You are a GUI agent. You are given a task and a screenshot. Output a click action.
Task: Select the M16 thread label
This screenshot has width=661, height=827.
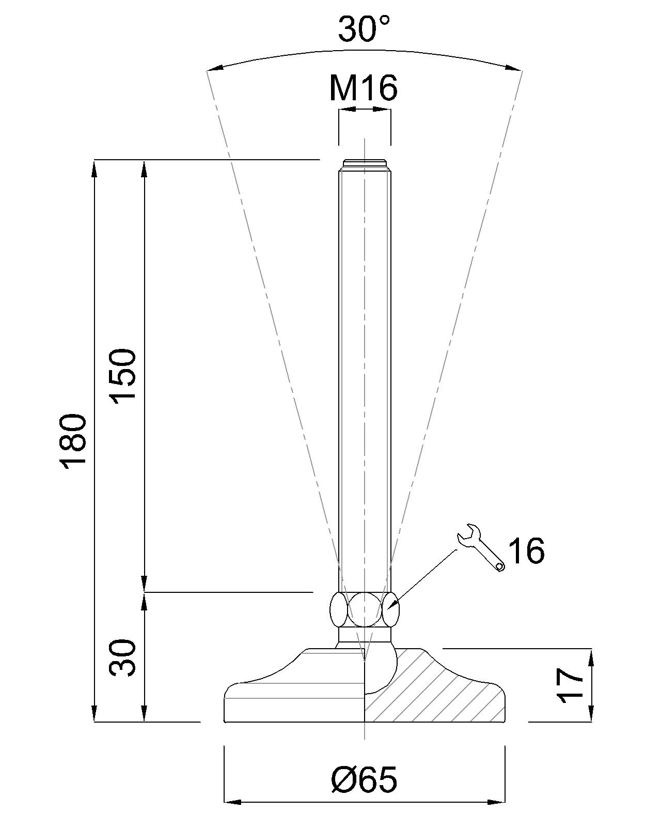(x=364, y=88)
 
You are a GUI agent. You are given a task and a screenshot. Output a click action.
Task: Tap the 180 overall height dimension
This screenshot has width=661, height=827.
(x=73, y=440)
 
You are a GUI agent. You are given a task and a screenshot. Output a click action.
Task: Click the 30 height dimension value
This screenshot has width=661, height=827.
(x=123, y=657)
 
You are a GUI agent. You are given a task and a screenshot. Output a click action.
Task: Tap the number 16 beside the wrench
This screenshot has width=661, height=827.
(x=526, y=550)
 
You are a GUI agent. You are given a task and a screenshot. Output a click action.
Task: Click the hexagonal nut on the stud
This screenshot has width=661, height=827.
(x=364, y=610)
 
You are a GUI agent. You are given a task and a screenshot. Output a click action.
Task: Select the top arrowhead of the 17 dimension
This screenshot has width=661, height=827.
(x=591, y=657)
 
